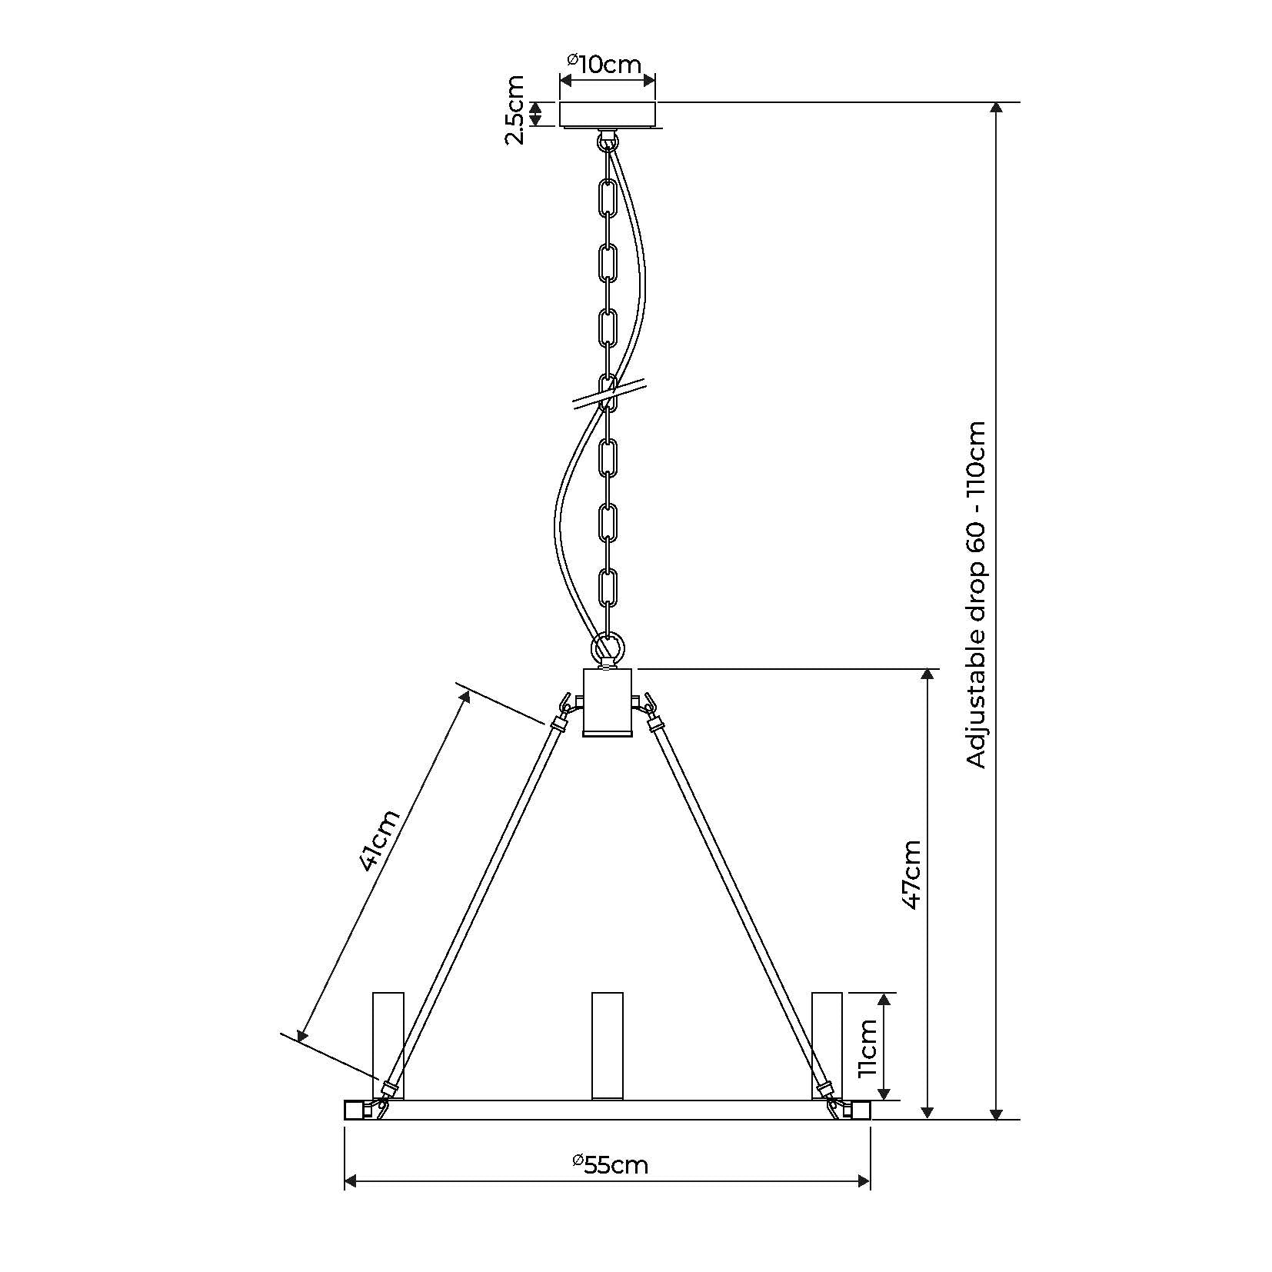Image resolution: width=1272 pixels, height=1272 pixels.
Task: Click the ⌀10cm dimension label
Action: pos(604,63)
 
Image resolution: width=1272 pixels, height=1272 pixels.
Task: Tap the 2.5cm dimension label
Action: pos(514,110)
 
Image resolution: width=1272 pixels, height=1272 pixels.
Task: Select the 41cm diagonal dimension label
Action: pos(380,841)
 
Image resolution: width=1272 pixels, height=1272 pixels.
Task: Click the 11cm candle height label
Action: pos(867,1047)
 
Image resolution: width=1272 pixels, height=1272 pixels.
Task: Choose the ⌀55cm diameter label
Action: pos(611,1165)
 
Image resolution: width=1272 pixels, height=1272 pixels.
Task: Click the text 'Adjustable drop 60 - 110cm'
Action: pos(976,594)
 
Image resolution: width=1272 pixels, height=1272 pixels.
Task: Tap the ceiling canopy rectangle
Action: pos(608,115)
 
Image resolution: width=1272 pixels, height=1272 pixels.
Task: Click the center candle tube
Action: pos(608,1046)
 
